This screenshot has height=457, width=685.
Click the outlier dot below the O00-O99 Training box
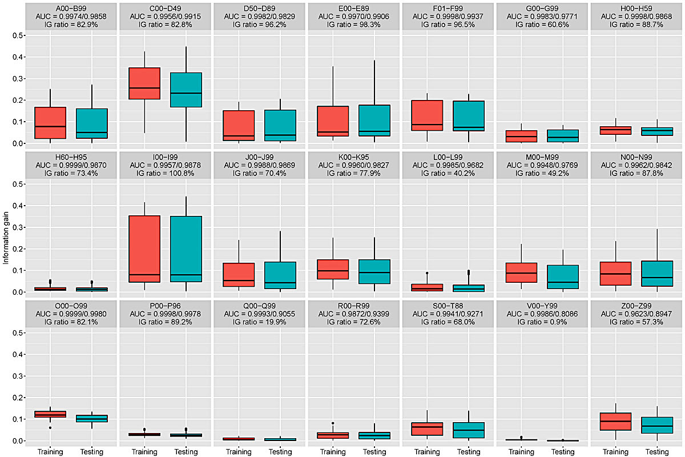[x=50, y=428]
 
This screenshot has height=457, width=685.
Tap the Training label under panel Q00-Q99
[x=239, y=452]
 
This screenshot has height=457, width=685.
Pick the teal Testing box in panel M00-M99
[x=563, y=276]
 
